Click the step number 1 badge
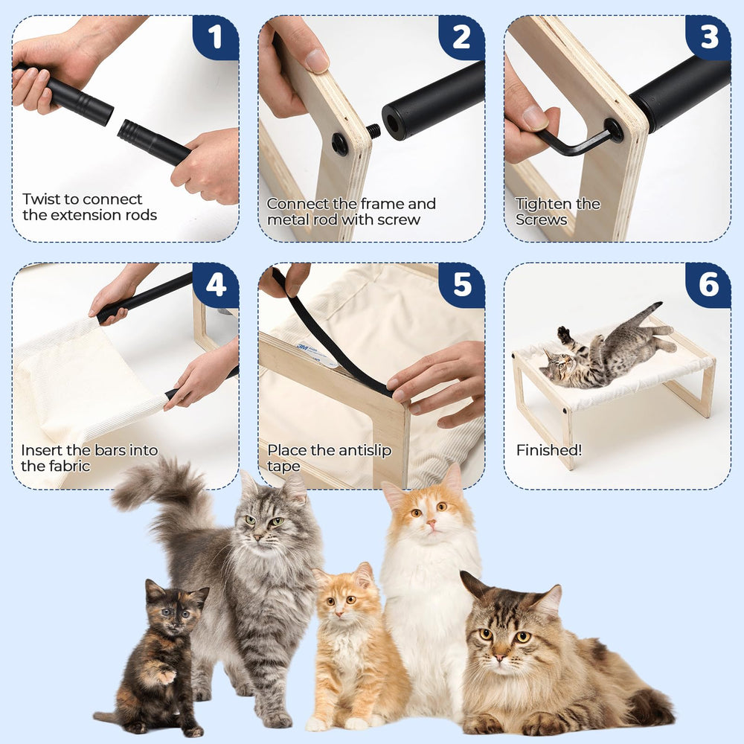pyautogui.click(x=216, y=37)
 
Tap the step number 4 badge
pyautogui.click(x=216, y=285)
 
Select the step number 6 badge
pyautogui.click(x=708, y=285)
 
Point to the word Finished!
pyautogui.click(x=549, y=450)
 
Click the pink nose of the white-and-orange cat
pyautogui.click(x=432, y=523)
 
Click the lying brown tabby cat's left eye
pyautogui.click(x=522, y=636)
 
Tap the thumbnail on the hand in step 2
pyautogui.click(x=317, y=61)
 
